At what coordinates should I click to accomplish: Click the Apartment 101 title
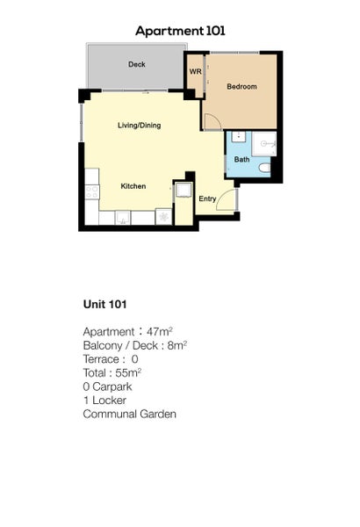pyautogui.click(x=180, y=31)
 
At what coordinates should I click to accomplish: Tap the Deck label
pyautogui.click(x=136, y=65)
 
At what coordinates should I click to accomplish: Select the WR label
pyautogui.click(x=195, y=72)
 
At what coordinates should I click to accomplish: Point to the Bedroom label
pyautogui.click(x=241, y=87)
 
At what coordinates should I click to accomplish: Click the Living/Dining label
pyautogui.click(x=139, y=126)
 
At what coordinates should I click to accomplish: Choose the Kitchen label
pyautogui.click(x=133, y=187)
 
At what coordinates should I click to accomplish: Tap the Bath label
pyautogui.click(x=241, y=160)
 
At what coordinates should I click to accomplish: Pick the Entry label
pyautogui.click(x=207, y=199)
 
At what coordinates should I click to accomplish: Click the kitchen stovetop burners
pyautogui.click(x=91, y=191)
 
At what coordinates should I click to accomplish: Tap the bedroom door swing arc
pyautogui.click(x=212, y=121)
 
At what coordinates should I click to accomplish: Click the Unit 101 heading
pyautogui.click(x=105, y=305)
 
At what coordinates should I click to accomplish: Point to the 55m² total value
pyautogui.click(x=129, y=372)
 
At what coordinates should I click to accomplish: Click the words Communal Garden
pyautogui.click(x=129, y=414)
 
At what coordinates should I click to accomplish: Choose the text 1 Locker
pyautogui.click(x=105, y=400)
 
